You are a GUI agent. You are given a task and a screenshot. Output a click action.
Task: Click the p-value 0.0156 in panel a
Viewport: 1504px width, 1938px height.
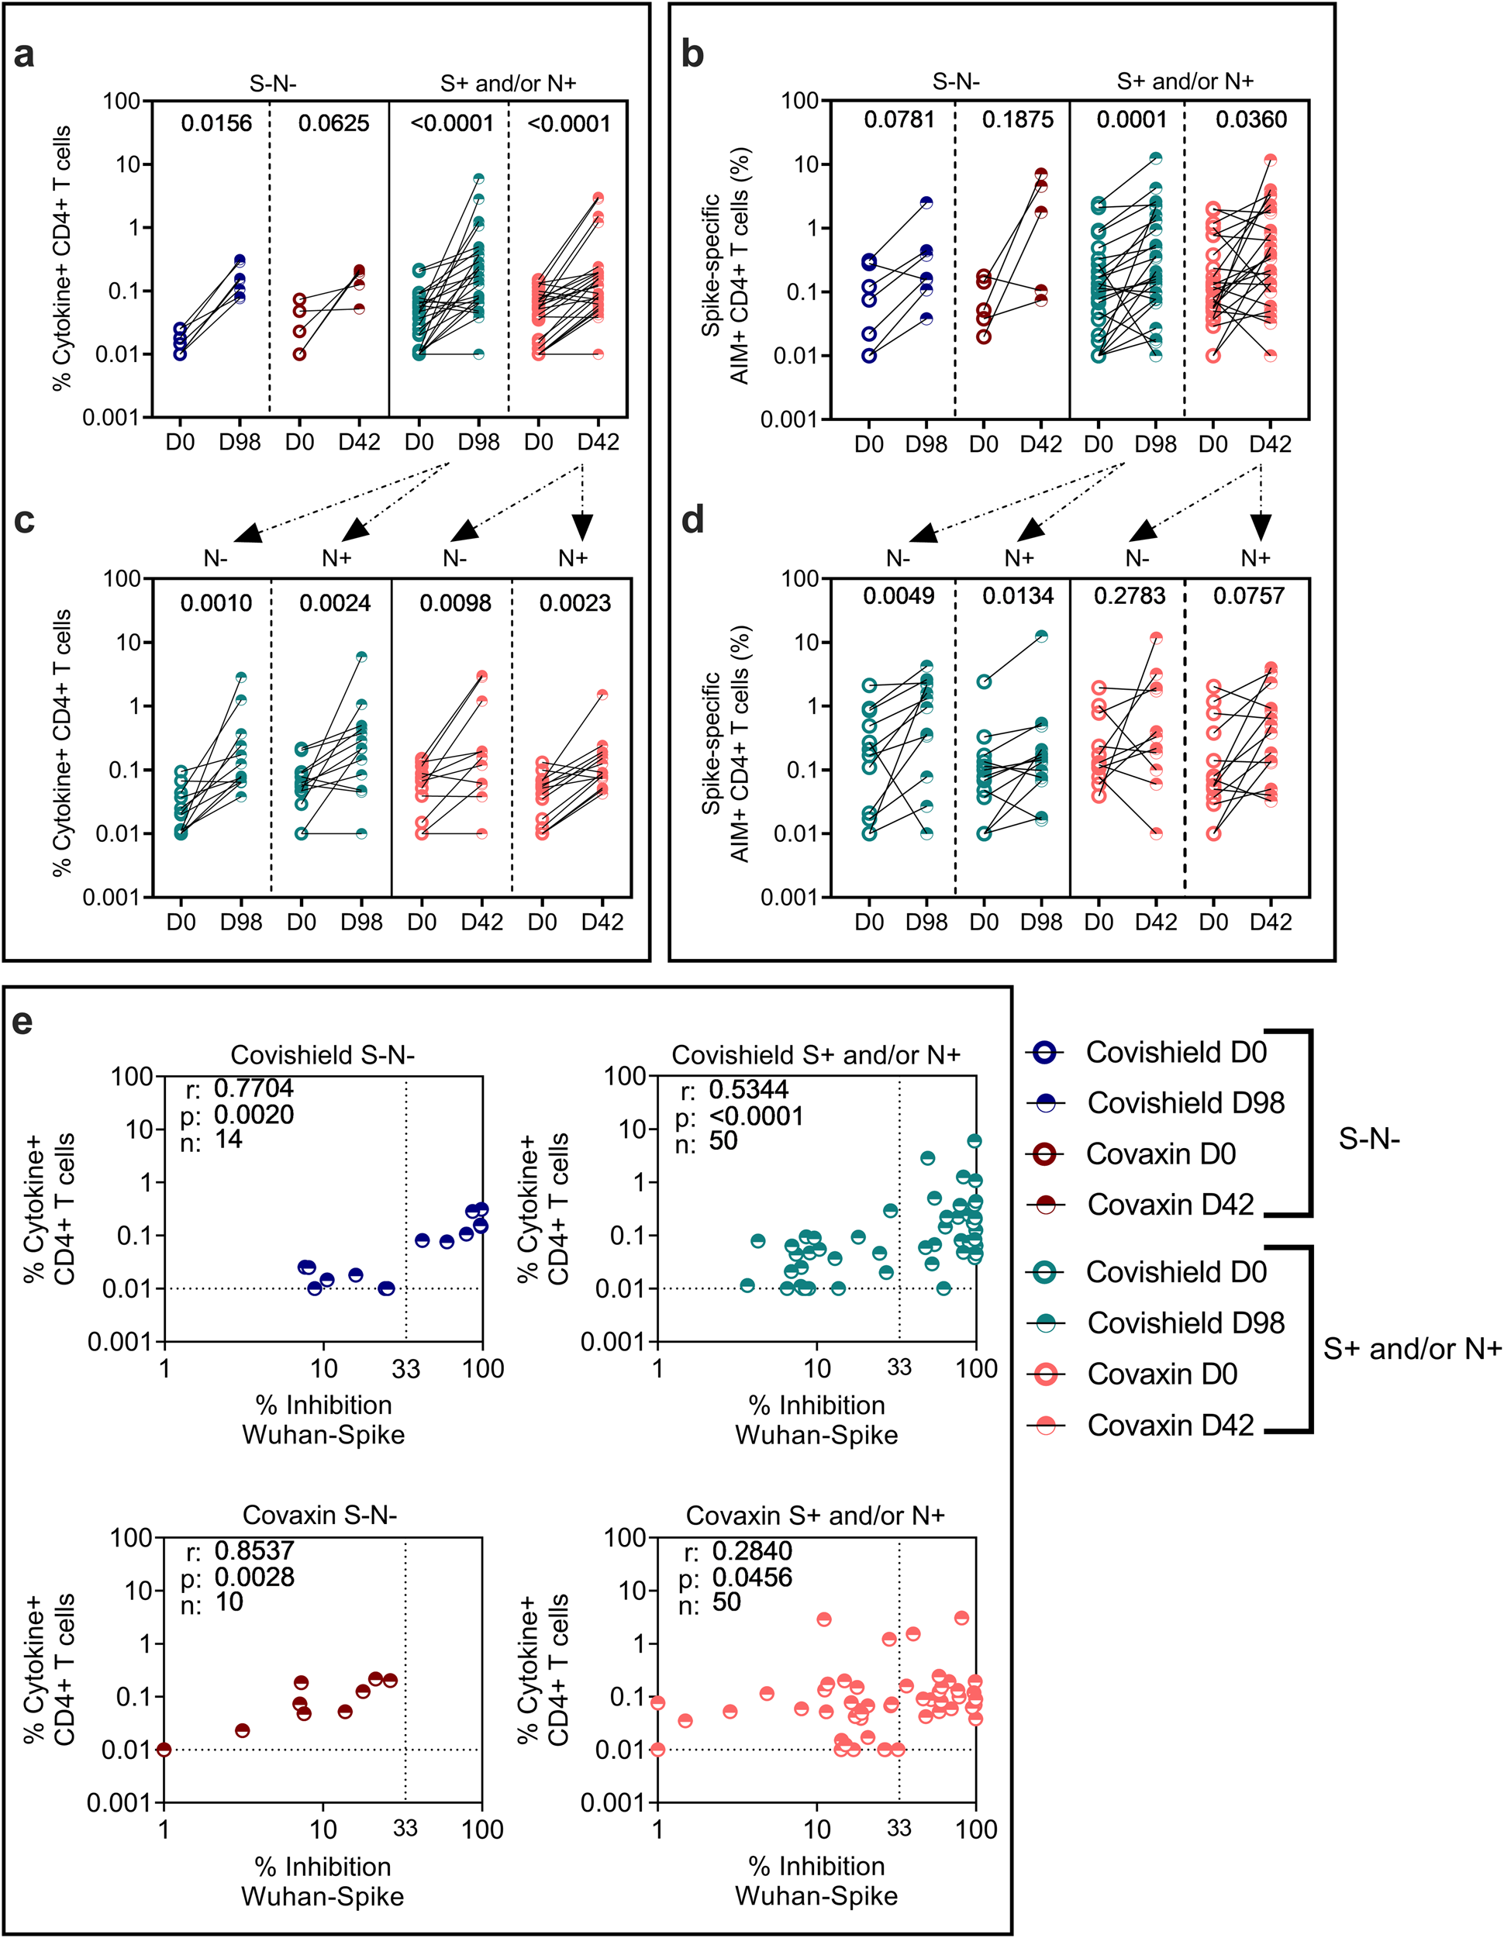point(216,123)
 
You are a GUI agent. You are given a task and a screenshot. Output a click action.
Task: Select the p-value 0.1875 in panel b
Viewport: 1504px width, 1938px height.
point(1017,120)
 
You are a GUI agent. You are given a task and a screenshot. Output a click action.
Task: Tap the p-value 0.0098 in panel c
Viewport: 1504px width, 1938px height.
point(454,603)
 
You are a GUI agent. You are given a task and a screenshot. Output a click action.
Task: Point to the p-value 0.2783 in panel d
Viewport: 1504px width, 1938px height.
point(1129,595)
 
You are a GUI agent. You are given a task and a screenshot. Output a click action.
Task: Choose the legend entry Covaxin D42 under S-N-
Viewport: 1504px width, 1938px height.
point(1170,1204)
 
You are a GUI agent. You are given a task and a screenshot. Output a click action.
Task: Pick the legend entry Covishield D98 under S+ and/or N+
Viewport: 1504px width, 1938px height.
point(1185,1322)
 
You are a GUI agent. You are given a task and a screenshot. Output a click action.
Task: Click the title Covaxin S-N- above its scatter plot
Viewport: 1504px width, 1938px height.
point(319,1515)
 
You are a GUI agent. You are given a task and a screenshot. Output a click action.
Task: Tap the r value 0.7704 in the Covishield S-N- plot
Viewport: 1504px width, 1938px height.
point(253,1088)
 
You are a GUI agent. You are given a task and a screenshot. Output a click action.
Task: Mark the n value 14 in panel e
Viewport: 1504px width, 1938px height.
point(228,1140)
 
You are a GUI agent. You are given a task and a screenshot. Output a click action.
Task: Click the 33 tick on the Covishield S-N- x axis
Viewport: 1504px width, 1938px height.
point(405,1368)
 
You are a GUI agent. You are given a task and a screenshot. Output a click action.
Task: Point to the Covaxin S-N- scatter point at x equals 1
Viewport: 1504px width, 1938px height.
point(164,1750)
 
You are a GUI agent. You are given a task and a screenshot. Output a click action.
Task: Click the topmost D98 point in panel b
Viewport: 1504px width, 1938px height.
point(1155,158)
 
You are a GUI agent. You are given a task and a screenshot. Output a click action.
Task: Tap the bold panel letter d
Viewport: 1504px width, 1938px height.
point(692,519)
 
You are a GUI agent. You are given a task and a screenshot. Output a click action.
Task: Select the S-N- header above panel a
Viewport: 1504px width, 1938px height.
point(272,84)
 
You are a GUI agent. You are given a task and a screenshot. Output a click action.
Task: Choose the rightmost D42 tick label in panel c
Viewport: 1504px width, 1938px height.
point(602,922)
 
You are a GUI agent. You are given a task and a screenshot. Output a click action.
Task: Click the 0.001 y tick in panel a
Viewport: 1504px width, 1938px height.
point(111,417)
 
